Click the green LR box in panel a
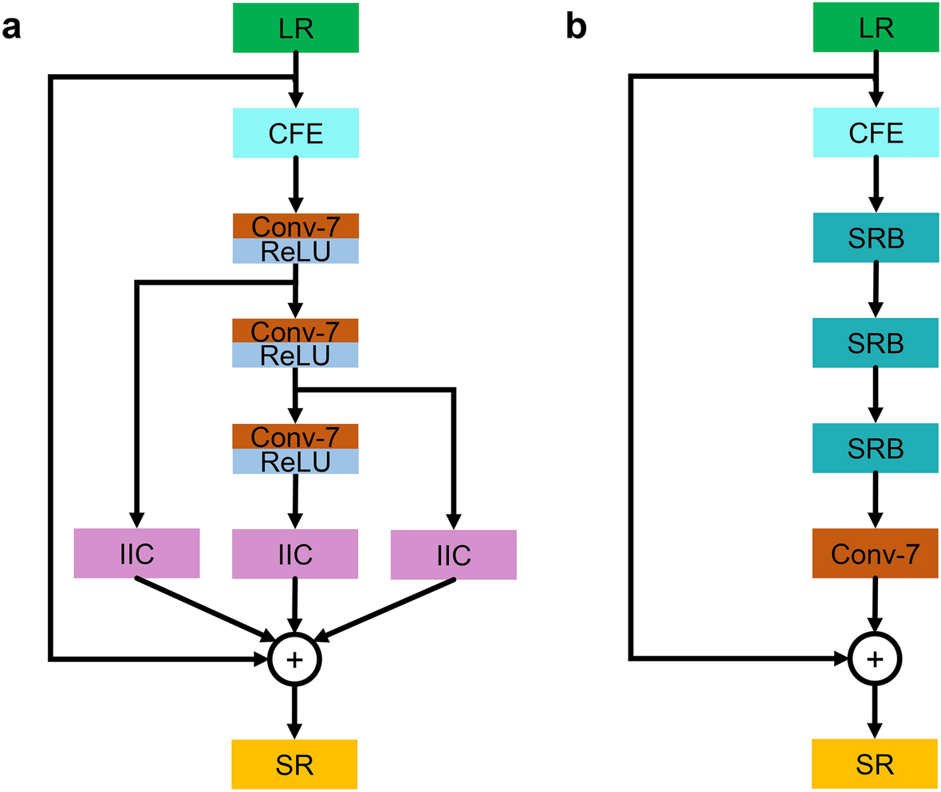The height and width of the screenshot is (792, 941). [296, 27]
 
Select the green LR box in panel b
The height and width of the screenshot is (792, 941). [876, 27]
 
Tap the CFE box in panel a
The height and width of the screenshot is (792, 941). [296, 132]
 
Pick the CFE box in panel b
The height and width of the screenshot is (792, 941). [876, 132]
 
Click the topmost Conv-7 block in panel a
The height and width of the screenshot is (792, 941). [296, 225]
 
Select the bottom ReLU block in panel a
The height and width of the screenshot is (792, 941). [296, 461]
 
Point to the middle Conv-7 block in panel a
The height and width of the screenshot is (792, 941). [296, 331]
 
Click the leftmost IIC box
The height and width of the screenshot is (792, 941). [136, 553]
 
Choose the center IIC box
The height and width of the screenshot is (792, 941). [295, 554]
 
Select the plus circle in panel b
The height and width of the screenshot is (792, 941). [875, 658]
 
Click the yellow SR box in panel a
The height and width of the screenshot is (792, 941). [295, 764]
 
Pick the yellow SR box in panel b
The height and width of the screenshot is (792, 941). [875, 764]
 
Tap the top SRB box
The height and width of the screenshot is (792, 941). [876, 237]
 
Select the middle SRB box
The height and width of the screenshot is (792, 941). [876, 343]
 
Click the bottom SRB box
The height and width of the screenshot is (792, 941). [876, 448]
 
